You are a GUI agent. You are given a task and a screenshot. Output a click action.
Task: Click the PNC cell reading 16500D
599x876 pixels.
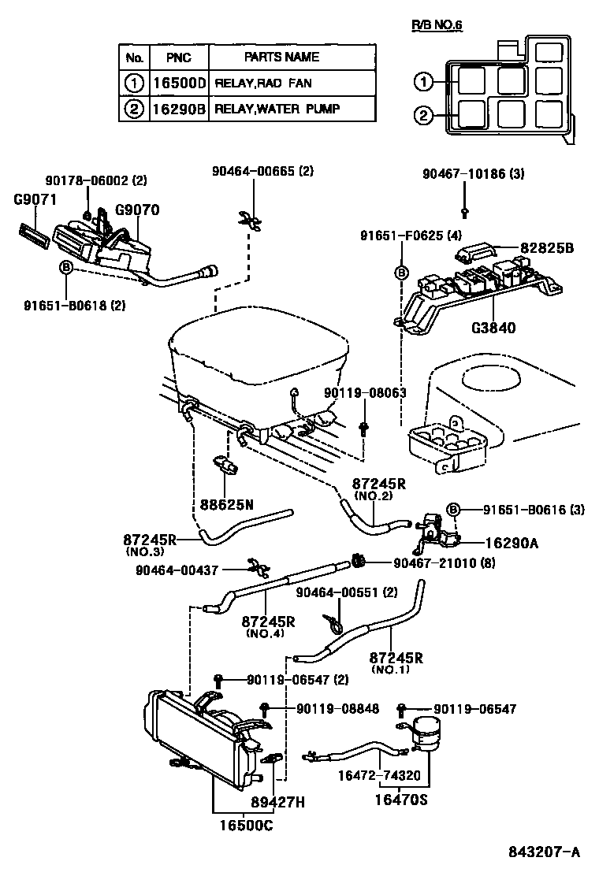point(178,82)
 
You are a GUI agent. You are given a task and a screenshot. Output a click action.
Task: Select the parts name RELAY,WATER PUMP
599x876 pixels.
point(277,109)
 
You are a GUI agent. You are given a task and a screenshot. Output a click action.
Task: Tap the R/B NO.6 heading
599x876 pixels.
point(437,25)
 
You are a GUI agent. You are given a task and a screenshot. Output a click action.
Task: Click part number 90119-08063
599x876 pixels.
point(365,392)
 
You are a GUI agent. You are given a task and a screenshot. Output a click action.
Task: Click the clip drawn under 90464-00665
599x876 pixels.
point(248,218)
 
